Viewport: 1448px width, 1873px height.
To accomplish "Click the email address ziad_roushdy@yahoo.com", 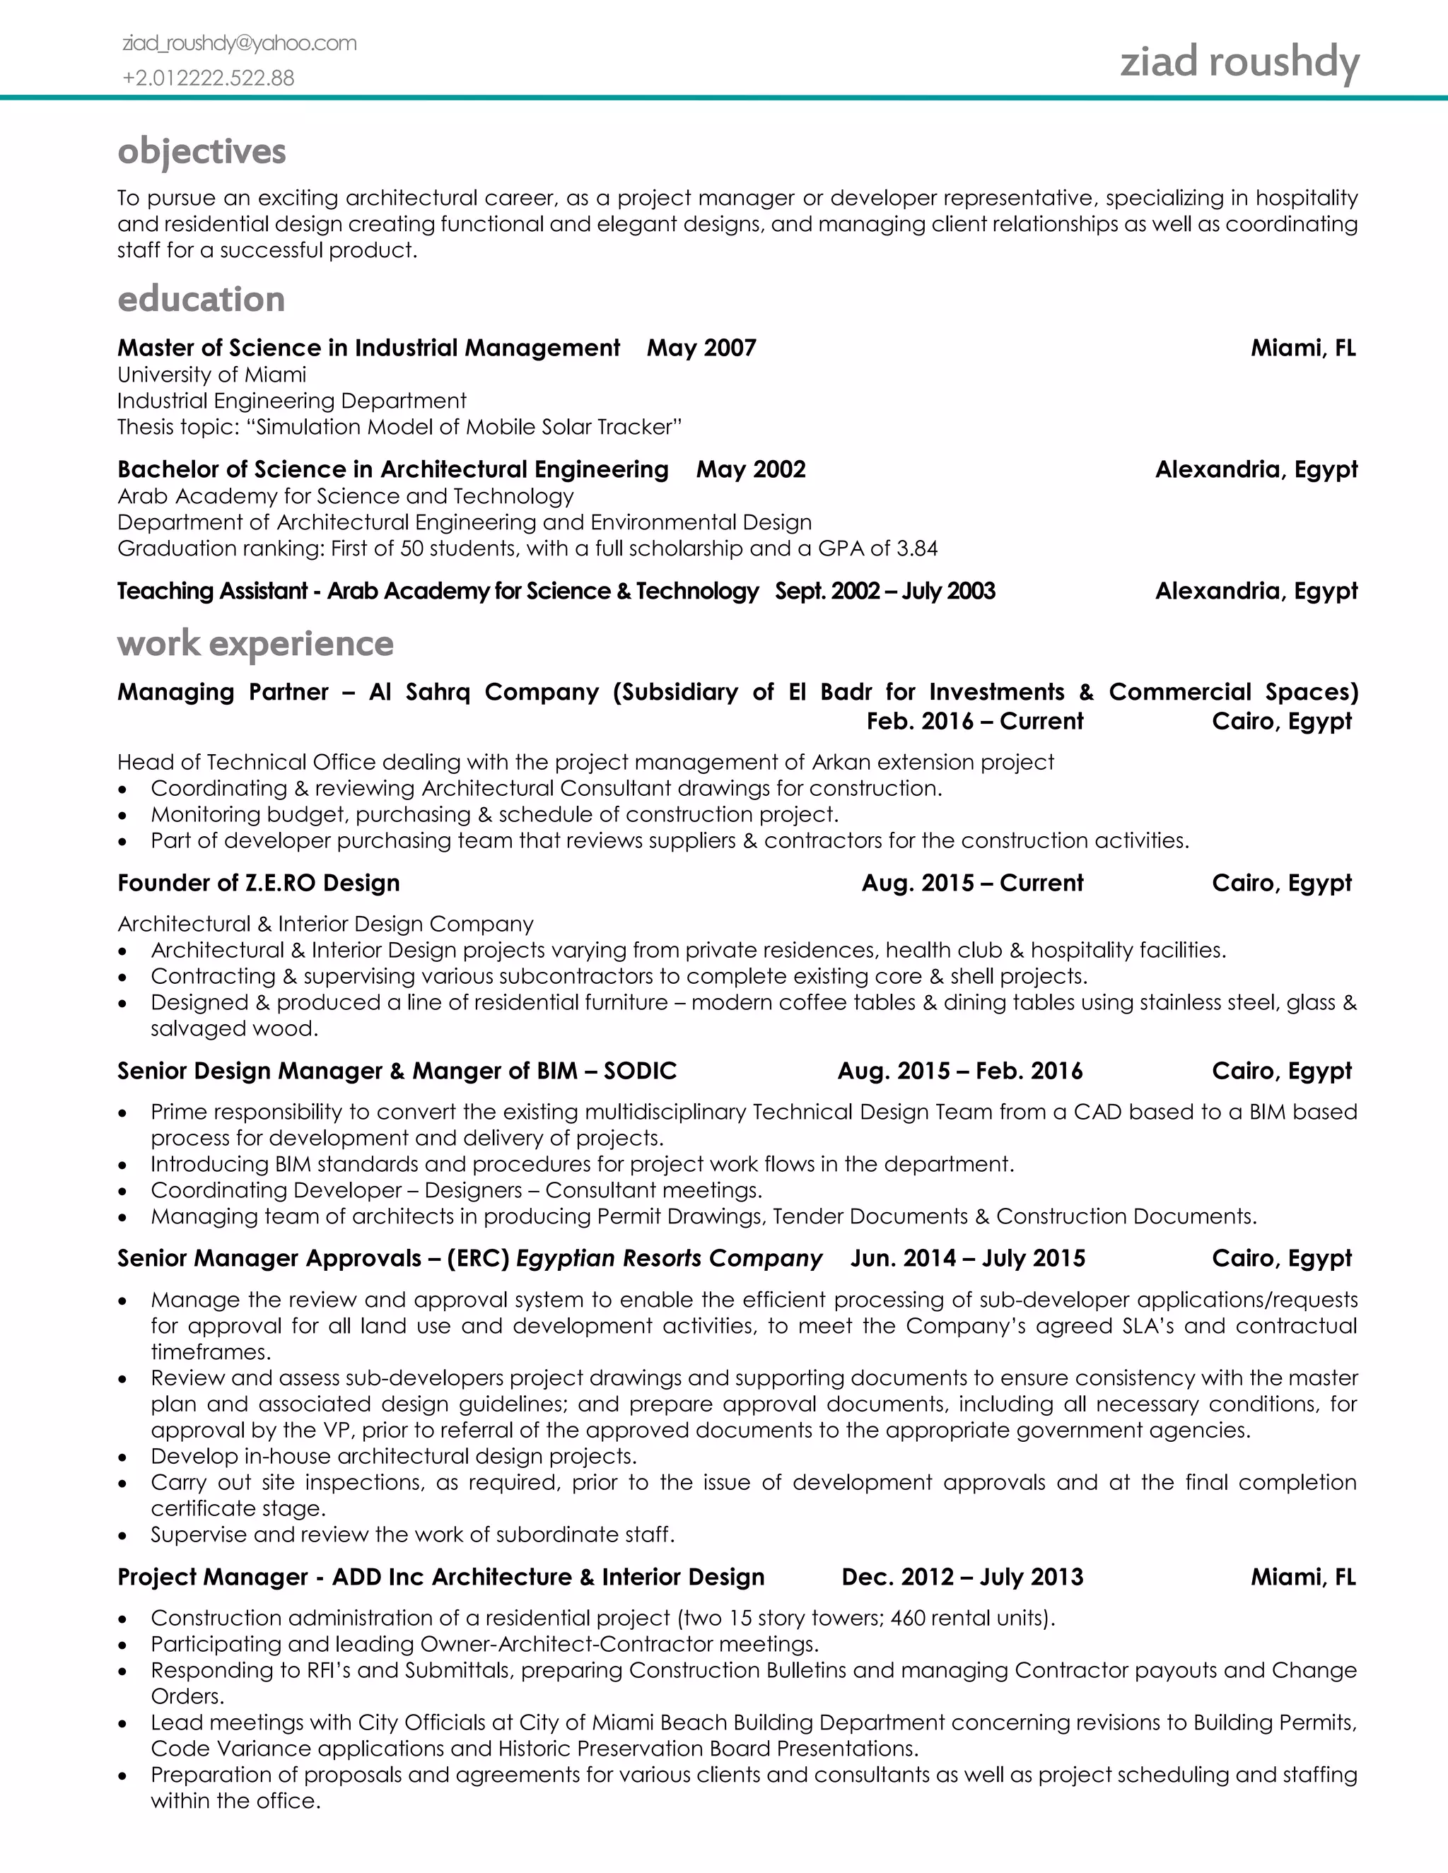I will [240, 43].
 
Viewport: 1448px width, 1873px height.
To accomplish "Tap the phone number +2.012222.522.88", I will [209, 78].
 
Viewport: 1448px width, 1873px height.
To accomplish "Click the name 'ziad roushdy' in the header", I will [1239, 63].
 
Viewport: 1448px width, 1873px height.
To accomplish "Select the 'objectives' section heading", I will [202, 151].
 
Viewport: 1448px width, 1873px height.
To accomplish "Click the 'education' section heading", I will [201, 299].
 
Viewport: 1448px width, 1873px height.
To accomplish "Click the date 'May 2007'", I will [701, 348].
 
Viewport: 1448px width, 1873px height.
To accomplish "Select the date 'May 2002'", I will [751, 469].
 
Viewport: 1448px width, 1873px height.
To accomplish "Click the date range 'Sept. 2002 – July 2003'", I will [884, 591].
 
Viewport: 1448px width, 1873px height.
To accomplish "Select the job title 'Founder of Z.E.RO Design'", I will [258, 883].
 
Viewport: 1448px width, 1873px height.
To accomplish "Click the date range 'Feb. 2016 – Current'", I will [974, 721].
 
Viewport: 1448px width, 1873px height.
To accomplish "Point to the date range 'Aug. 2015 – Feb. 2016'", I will [960, 1070].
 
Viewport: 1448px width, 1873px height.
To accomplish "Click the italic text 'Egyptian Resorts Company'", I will [669, 1258].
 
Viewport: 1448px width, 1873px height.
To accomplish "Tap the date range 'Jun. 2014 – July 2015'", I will [968, 1258].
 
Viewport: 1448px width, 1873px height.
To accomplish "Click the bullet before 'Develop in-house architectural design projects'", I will [124, 1458].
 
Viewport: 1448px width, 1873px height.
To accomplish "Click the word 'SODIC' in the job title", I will [640, 1070].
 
